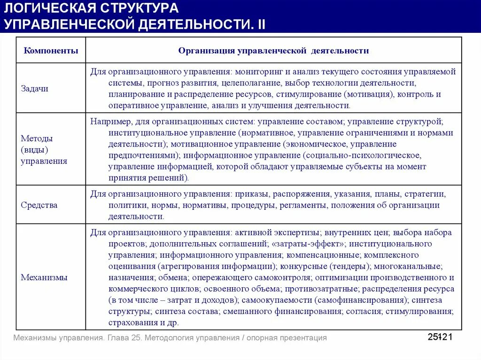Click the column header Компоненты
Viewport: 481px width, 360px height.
click(x=51, y=51)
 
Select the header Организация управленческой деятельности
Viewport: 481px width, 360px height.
click(x=273, y=51)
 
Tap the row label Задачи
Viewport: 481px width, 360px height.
click(x=35, y=89)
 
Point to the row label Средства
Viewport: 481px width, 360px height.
click(x=39, y=205)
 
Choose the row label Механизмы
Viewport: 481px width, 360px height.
click(x=44, y=277)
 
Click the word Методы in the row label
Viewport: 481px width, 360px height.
click(x=37, y=138)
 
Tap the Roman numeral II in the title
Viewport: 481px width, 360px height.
click(x=261, y=24)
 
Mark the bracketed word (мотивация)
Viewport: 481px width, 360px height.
click(x=368, y=94)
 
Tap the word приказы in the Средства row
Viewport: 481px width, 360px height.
click(x=249, y=193)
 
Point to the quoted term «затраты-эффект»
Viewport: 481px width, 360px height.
click(x=308, y=244)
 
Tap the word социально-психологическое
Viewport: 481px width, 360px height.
click(x=361, y=155)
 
